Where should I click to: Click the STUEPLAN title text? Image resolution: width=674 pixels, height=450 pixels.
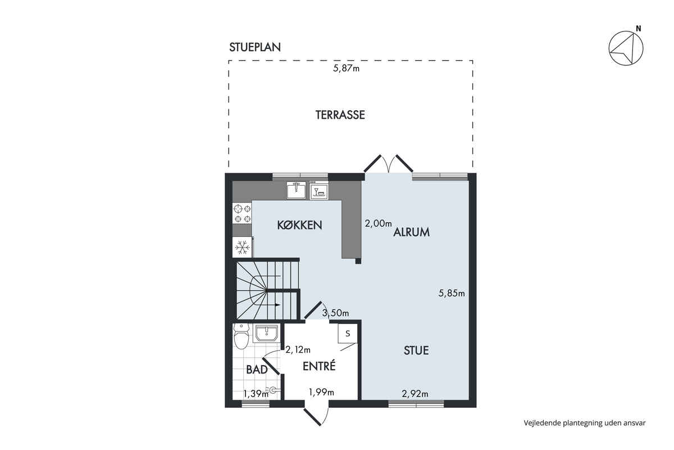click(x=255, y=47)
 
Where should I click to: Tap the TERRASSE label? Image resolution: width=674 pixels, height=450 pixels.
click(x=340, y=115)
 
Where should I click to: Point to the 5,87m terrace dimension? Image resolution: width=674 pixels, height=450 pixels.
click(x=346, y=69)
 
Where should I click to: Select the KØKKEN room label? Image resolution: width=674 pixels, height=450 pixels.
click(x=299, y=225)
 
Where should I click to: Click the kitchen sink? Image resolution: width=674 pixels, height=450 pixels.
click(x=296, y=190)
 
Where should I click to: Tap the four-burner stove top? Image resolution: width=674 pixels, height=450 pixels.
click(x=242, y=213)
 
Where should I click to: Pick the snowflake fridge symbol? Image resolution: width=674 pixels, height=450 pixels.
click(x=242, y=247)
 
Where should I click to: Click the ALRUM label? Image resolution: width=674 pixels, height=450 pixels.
click(x=411, y=232)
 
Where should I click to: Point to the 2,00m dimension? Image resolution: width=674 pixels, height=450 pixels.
click(x=378, y=223)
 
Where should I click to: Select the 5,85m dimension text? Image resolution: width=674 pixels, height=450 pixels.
click(x=452, y=293)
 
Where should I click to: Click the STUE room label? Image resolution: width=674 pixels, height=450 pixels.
click(x=416, y=350)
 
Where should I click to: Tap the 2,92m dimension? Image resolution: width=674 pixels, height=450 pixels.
click(x=415, y=393)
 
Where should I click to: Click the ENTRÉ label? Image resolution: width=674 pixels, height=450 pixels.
click(x=319, y=366)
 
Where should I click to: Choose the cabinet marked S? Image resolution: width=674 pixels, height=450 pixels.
click(x=348, y=334)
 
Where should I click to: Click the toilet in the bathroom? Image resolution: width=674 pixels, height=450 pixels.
click(x=242, y=337)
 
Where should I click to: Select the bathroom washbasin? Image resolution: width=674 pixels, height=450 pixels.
click(x=267, y=334)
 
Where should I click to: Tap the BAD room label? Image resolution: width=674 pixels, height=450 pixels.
click(x=257, y=370)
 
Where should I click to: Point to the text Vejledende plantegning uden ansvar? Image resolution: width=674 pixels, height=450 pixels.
click(x=585, y=423)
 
